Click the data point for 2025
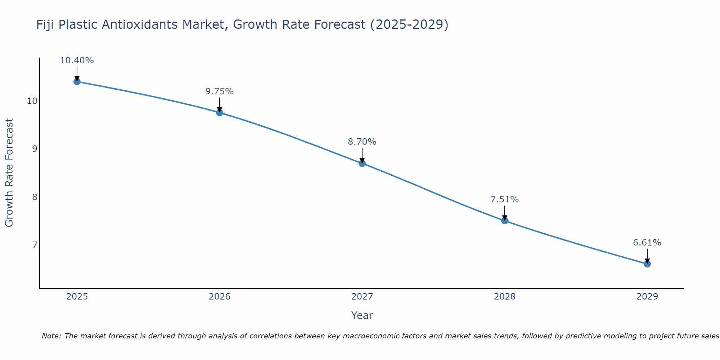pos(77,82)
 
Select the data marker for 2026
pos(220,113)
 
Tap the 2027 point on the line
pos(362,163)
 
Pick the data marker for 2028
pos(505,221)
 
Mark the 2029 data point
pos(647,264)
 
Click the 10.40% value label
pos(77,60)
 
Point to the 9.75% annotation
pos(220,91)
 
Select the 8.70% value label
pos(362,142)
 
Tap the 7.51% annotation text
pos(505,199)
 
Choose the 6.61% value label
pos(647,243)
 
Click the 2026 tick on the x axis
pos(220,297)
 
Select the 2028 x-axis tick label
pos(505,297)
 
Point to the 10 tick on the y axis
pos(32,101)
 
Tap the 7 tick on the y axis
pos(35,245)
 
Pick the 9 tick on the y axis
pos(35,149)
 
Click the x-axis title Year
pos(362,315)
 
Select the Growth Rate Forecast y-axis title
pos(9,173)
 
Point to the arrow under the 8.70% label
pos(362,156)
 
